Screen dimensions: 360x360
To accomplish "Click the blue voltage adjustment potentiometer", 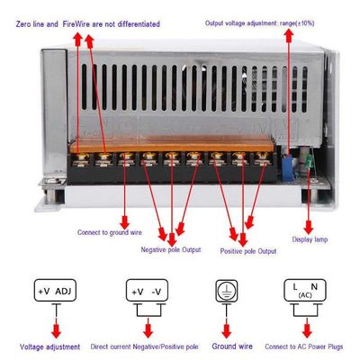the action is pyautogui.click(x=287, y=168).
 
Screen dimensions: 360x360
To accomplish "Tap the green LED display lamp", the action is pyautogui.click(x=308, y=161).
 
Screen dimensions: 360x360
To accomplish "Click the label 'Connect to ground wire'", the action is pyautogui.click(x=110, y=232).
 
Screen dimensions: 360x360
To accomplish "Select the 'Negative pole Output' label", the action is pyautogui.click(x=171, y=249).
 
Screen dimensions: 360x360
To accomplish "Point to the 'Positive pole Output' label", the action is pyautogui.click(x=248, y=251).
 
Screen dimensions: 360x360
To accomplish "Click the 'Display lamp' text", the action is pyautogui.click(x=310, y=239).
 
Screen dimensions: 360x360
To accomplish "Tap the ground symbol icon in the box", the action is pyautogui.click(x=227, y=291).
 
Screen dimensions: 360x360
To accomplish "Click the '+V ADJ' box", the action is pyautogui.click(x=55, y=291).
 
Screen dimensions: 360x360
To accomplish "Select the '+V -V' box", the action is pyautogui.click(x=147, y=291).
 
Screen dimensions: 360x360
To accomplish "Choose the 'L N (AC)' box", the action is pyautogui.click(x=305, y=290).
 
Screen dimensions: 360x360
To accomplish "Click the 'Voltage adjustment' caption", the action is pyautogui.click(x=49, y=347).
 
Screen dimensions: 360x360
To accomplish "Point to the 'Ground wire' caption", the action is pyautogui.click(x=232, y=346).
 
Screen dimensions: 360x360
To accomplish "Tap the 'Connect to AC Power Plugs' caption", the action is pyautogui.click(x=304, y=346).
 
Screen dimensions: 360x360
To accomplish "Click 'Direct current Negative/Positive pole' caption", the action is pyautogui.click(x=144, y=346).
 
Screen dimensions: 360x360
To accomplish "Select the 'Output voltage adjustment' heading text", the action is pyautogui.click(x=242, y=23).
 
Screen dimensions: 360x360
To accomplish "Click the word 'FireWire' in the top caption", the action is pyautogui.click(x=76, y=24).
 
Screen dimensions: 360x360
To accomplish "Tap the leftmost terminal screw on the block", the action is pyautogui.click(x=82, y=157).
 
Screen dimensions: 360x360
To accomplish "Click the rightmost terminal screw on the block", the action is pyautogui.click(x=262, y=157).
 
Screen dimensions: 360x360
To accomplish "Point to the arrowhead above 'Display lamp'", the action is pyautogui.click(x=309, y=228).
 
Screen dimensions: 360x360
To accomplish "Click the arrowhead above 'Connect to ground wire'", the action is pyautogui.click(x=124, y=223).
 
